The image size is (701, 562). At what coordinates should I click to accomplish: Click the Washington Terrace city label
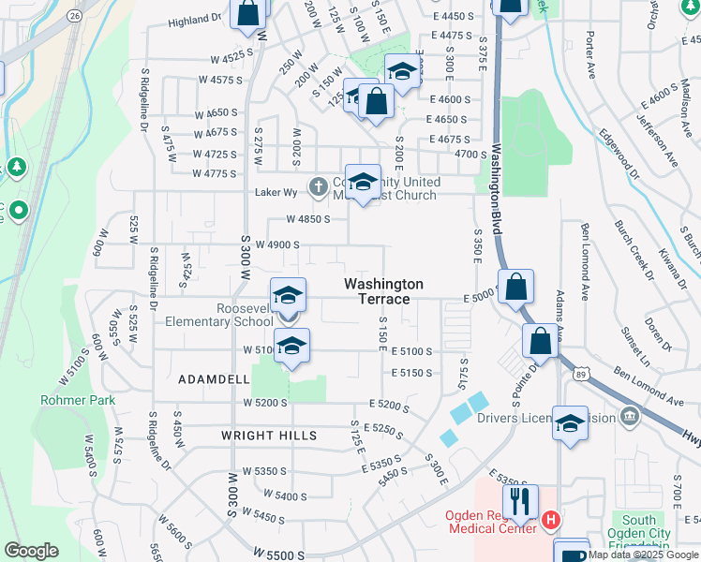[x=383, y=290]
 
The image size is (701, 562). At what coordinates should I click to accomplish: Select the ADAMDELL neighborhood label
[x=214, y=379]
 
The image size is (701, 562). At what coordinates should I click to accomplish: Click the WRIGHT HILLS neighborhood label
[x=269, y=436]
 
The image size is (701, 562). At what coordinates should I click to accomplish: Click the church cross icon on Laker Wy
[x=319, y=187]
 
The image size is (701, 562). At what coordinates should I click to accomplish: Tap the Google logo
[x=32, y=551]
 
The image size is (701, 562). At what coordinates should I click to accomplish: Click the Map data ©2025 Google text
[x=643, y=555]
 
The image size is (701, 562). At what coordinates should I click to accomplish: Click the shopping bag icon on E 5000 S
[x=516, y=288]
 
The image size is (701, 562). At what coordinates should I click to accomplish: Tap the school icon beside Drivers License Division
[x=570, y=424]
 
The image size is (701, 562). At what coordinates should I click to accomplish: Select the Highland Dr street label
[x=195, y=18]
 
